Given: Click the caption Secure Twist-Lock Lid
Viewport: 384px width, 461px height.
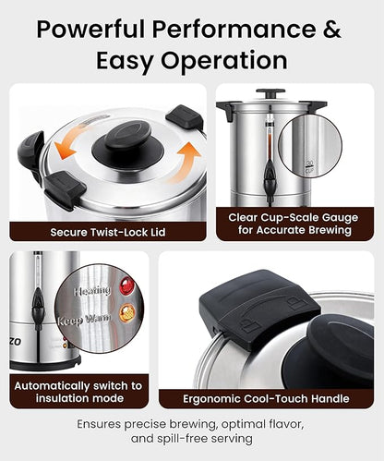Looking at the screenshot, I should tap(108, 231).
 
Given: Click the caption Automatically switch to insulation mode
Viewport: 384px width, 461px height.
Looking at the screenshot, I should tap(78, 391).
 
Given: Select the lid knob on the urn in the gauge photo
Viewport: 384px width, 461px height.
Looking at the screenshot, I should tap(270, 93).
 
